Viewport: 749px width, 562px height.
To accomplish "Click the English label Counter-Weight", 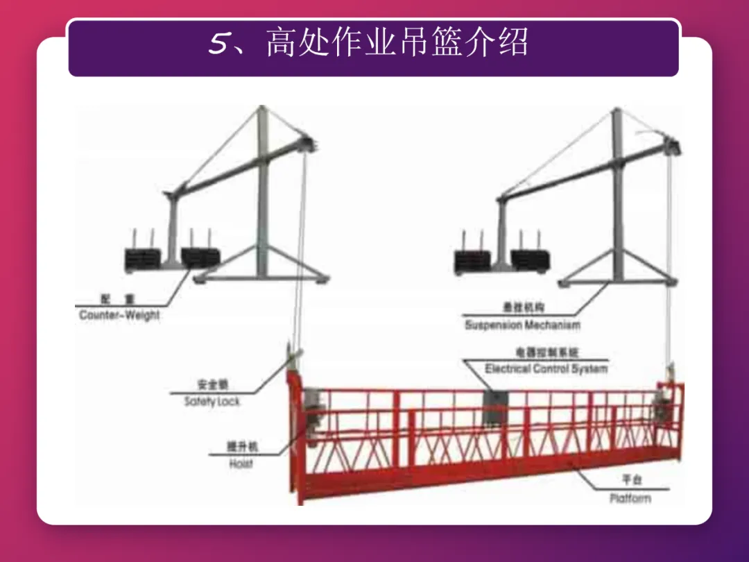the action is [119, 315].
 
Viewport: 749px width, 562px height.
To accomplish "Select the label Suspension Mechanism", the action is [522, 324].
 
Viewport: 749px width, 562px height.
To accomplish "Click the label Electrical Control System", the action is [546, 368].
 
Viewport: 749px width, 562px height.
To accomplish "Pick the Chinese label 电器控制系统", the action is [546, 352].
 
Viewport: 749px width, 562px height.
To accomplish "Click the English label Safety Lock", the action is [212, 401].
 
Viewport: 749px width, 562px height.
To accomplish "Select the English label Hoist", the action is [241, 464].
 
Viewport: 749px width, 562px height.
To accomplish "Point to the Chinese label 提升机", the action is [241, 448].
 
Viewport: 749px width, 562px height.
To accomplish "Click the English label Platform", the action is [630, 497].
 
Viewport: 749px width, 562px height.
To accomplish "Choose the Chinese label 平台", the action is [631, 480].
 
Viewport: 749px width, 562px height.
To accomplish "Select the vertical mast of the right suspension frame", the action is [617, 194].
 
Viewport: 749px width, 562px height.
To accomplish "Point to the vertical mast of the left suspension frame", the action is [262, 194].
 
